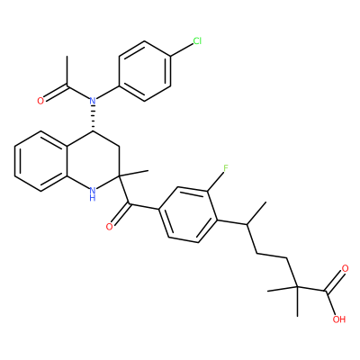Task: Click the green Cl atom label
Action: coord(197,40)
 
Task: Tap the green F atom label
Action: coord(226,168)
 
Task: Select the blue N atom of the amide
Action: coord(93,101)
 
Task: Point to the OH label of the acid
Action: coord(339,319)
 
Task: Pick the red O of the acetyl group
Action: coord(40,101)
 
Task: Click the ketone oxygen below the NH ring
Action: coord(110,226)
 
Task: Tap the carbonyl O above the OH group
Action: coord(345,268)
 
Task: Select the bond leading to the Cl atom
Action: coord(182,50)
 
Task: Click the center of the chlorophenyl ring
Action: coord(145,71)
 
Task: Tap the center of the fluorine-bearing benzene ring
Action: coord(188,214)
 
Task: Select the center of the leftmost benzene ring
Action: coord(41,161)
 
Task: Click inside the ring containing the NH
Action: coord(93,161)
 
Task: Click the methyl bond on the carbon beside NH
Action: coord(134,174)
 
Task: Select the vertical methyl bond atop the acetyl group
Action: coord(67,71)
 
